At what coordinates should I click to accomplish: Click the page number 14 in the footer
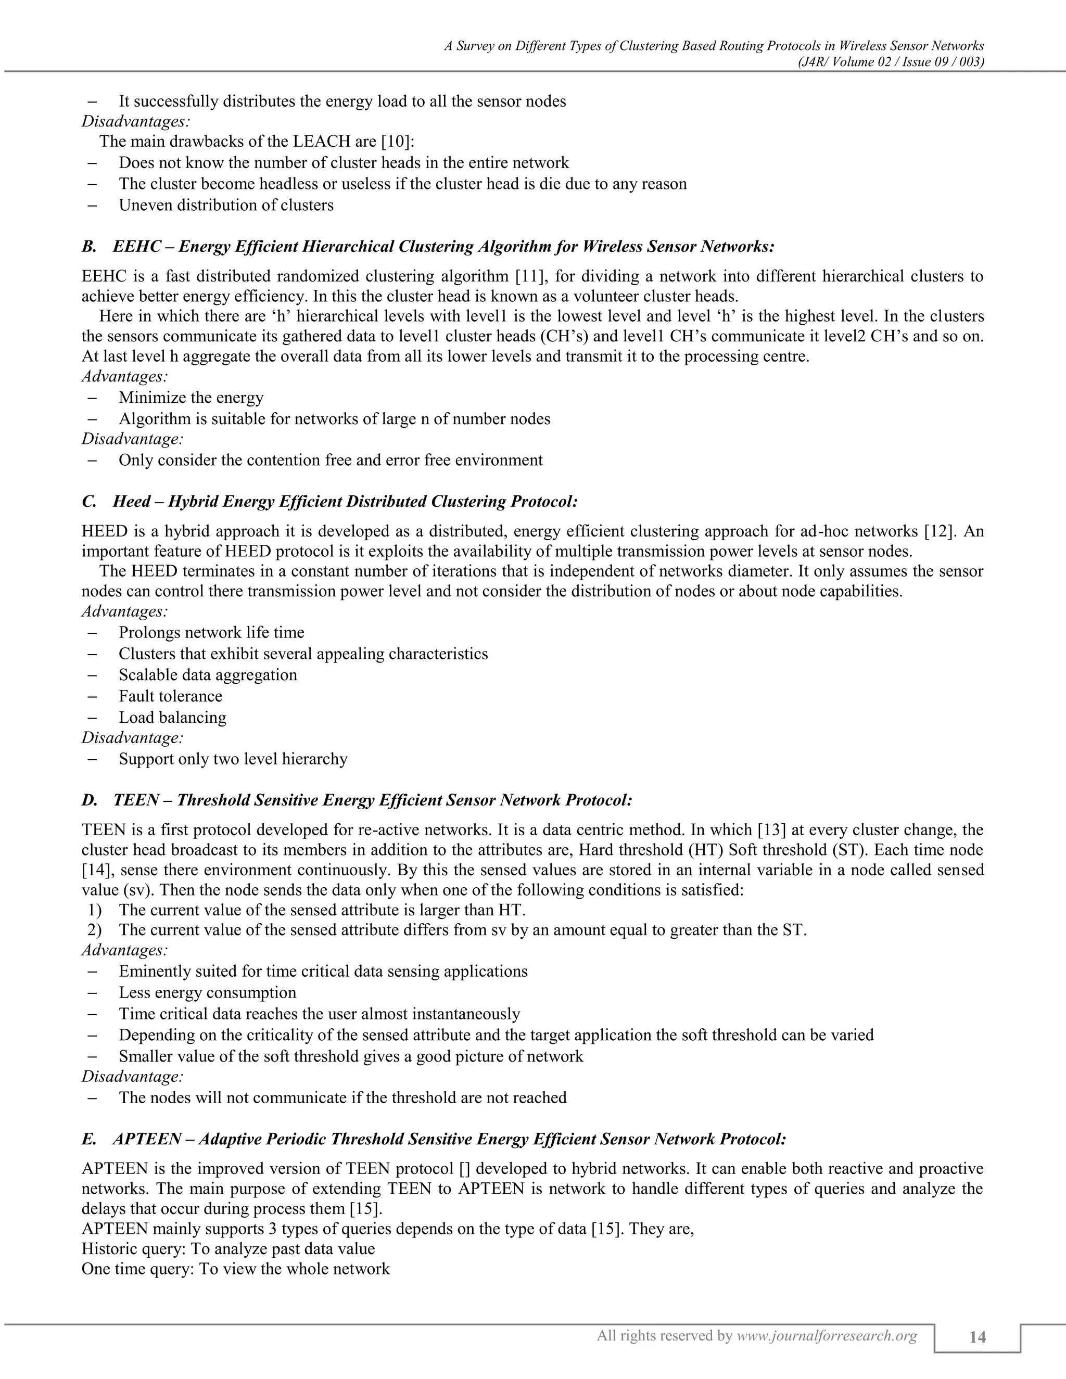pyautogui.click(x=977, y=1337)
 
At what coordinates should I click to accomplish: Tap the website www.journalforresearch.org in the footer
pyautogui.click(x=827, y=1335)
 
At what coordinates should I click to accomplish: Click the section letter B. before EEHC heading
pyautogui.click(x=89, y=246)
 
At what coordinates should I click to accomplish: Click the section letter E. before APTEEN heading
pyautogui.click(x=89, y=1139)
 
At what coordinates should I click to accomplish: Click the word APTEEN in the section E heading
pyautogui.click(x=147, y=1139)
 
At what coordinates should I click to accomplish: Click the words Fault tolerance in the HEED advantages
pyautogui.click(x=171, y=696)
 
